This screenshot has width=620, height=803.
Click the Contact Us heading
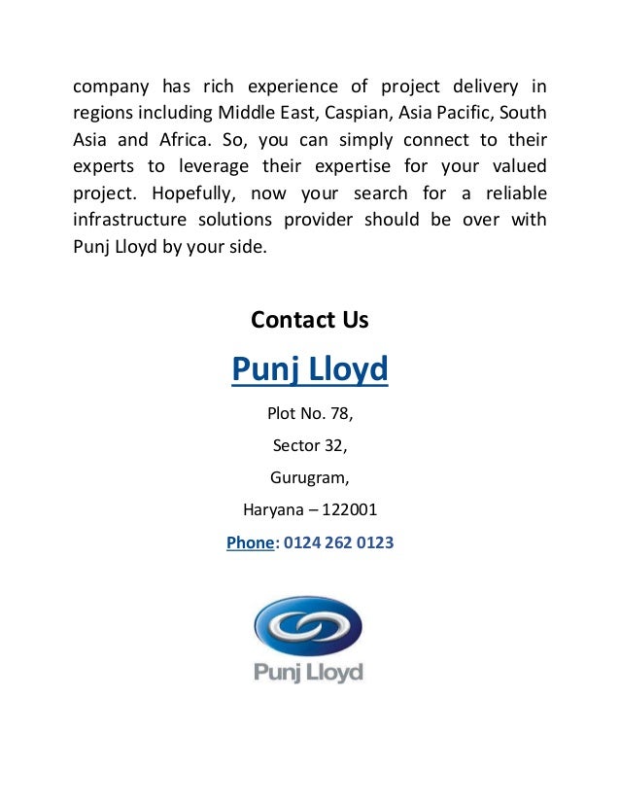[x=309, y=319]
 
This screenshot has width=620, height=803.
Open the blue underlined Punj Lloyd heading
[x=309, y=369]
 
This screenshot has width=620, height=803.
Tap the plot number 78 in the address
[x=340, y=415]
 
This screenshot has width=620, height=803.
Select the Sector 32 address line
[x=309, y=446]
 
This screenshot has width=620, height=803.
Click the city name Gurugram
[x=309, y=478]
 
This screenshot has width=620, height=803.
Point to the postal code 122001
[x=346, y=509]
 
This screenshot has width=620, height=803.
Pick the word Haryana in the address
[x=273, y=509]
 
